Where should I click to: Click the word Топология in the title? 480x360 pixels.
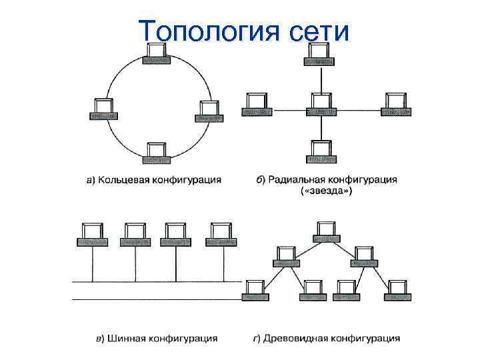(204, 31)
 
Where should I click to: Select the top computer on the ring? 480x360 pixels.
(157, 54)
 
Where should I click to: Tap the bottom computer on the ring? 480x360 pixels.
(156, 153)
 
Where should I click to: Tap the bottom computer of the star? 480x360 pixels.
(321, 151)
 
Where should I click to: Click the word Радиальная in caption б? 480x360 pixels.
(297, 180)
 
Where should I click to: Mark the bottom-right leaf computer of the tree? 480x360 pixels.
(397, 289)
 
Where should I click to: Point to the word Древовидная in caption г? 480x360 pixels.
(296, 339)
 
